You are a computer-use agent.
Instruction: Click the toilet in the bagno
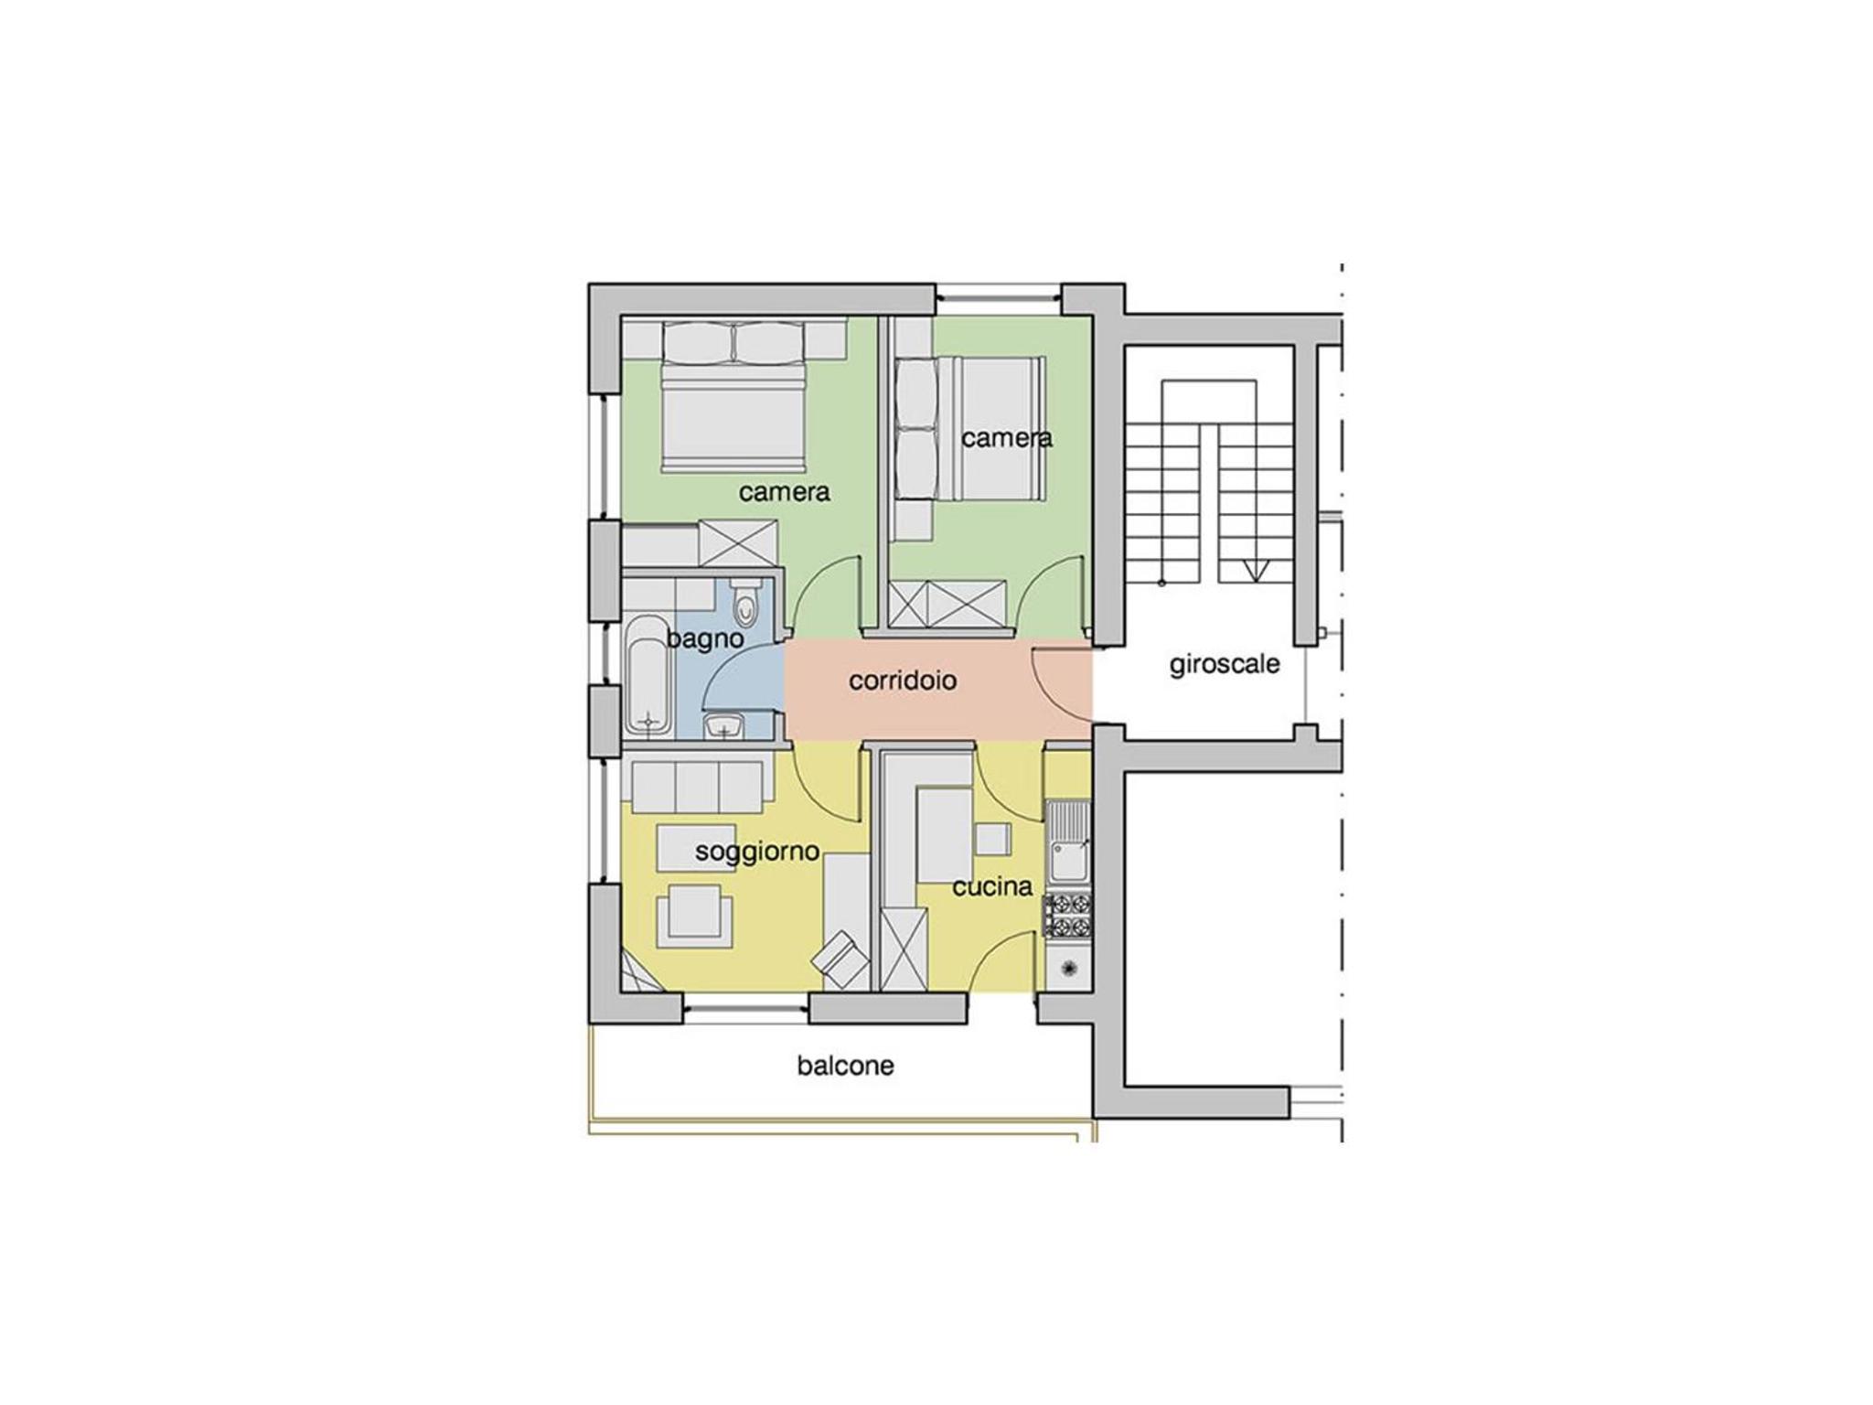point(746,598)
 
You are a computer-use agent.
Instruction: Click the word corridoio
point(902,681)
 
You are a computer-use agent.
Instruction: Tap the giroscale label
point(1225,665)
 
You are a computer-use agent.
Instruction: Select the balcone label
point(845,1066)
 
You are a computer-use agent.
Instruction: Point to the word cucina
point(992,886)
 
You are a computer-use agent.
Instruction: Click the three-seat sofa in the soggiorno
point(694,785)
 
